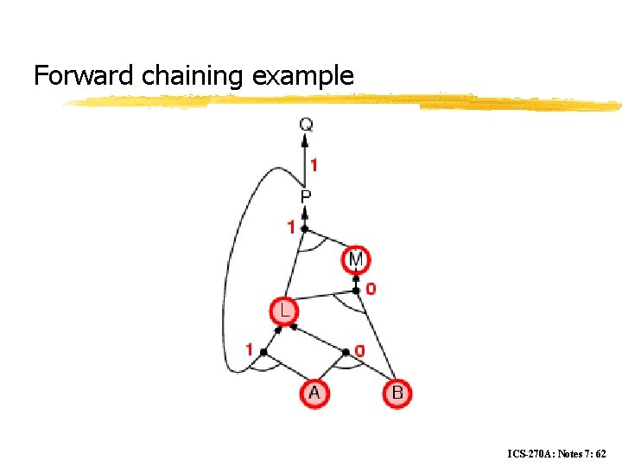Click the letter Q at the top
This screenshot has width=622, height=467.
pos(306,125)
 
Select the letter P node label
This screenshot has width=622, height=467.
pos(306,198)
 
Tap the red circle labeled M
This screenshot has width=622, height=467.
pos(356,259)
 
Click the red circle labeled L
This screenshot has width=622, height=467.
pos(282,310)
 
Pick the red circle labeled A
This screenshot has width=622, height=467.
pos(314,393)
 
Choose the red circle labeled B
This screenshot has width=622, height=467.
pos(397,393)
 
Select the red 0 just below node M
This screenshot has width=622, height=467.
pos(371,289)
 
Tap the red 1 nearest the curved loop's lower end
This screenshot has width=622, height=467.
pos(250,350)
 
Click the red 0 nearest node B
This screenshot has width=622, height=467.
pos(360,351)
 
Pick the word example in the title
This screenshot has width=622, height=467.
pos(303,76)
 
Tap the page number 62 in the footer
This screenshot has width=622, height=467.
pos(600,453)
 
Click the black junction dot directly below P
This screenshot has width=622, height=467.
pos(305,229)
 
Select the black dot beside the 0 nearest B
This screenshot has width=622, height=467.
pos(346,352)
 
